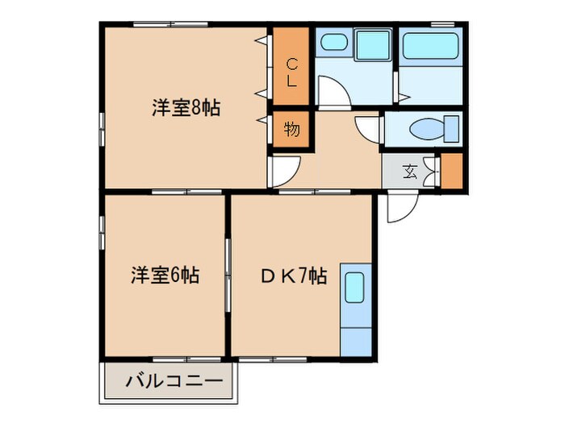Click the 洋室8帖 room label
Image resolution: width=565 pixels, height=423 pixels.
coord(186,108)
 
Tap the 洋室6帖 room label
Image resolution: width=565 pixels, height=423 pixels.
coord(165,276)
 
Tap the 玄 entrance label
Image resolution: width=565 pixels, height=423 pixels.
coord(410,170)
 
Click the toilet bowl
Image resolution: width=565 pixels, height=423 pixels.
coord(426,129)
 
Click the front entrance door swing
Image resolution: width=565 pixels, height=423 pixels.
coord(400,208)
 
